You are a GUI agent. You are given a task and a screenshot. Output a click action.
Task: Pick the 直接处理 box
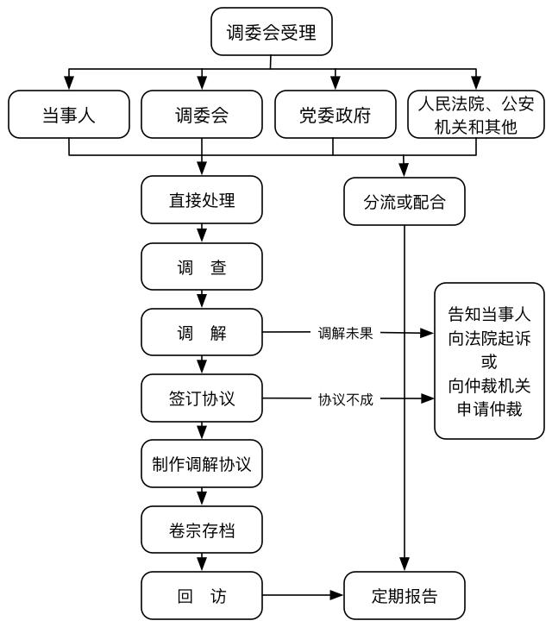click(202, 202)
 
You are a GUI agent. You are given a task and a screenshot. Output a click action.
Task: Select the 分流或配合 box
click(404, 202)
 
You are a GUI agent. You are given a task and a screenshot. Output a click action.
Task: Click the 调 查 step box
click(202, 267)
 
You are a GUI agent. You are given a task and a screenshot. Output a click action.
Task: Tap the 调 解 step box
click(202, 333)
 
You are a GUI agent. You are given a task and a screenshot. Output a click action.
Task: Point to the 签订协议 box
click(202, 399)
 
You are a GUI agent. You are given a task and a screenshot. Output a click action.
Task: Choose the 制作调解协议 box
click(202, 465)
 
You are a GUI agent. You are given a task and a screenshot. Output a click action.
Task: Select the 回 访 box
click(202, 596)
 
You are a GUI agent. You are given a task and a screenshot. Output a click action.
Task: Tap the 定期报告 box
click(404, 596)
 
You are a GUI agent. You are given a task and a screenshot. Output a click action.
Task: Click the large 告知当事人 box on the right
click(489, 361)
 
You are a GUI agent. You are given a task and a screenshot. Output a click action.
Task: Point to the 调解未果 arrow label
click(345, 333)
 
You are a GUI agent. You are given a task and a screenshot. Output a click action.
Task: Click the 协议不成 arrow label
click(345, 399)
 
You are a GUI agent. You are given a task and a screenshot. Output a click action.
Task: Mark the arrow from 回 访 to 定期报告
click(302, 596)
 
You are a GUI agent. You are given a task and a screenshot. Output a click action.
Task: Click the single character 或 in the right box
click(489, 361)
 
